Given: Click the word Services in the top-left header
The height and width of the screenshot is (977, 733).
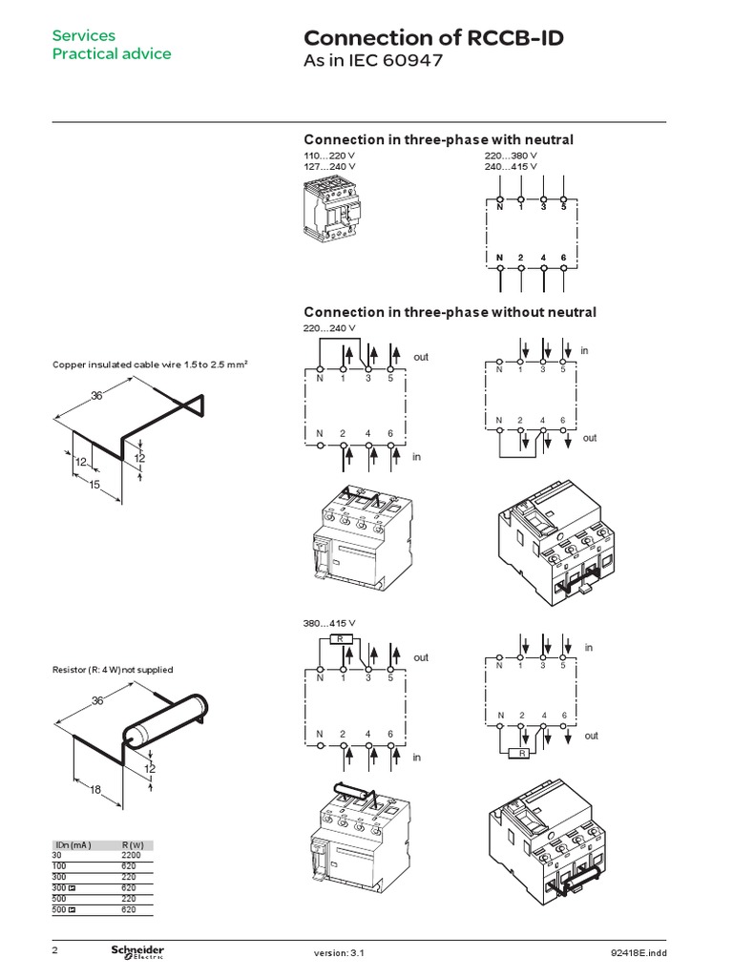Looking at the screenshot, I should pyautogui.click(x=83, y=35).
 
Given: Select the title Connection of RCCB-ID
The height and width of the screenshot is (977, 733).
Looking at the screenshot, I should pyautogui.click(x=432, y=37).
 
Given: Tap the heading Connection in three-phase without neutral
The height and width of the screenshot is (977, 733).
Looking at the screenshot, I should pyautogui.click(x=450, y=312).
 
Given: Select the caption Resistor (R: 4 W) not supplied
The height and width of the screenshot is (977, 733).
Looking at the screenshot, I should pyautogui.click(x=113, y=670).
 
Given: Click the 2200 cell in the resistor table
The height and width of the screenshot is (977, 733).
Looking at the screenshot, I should pyautogui.click(x=131, y=855).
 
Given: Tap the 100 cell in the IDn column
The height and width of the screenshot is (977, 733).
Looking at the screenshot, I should pyautogui.click(x=59, y=864).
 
